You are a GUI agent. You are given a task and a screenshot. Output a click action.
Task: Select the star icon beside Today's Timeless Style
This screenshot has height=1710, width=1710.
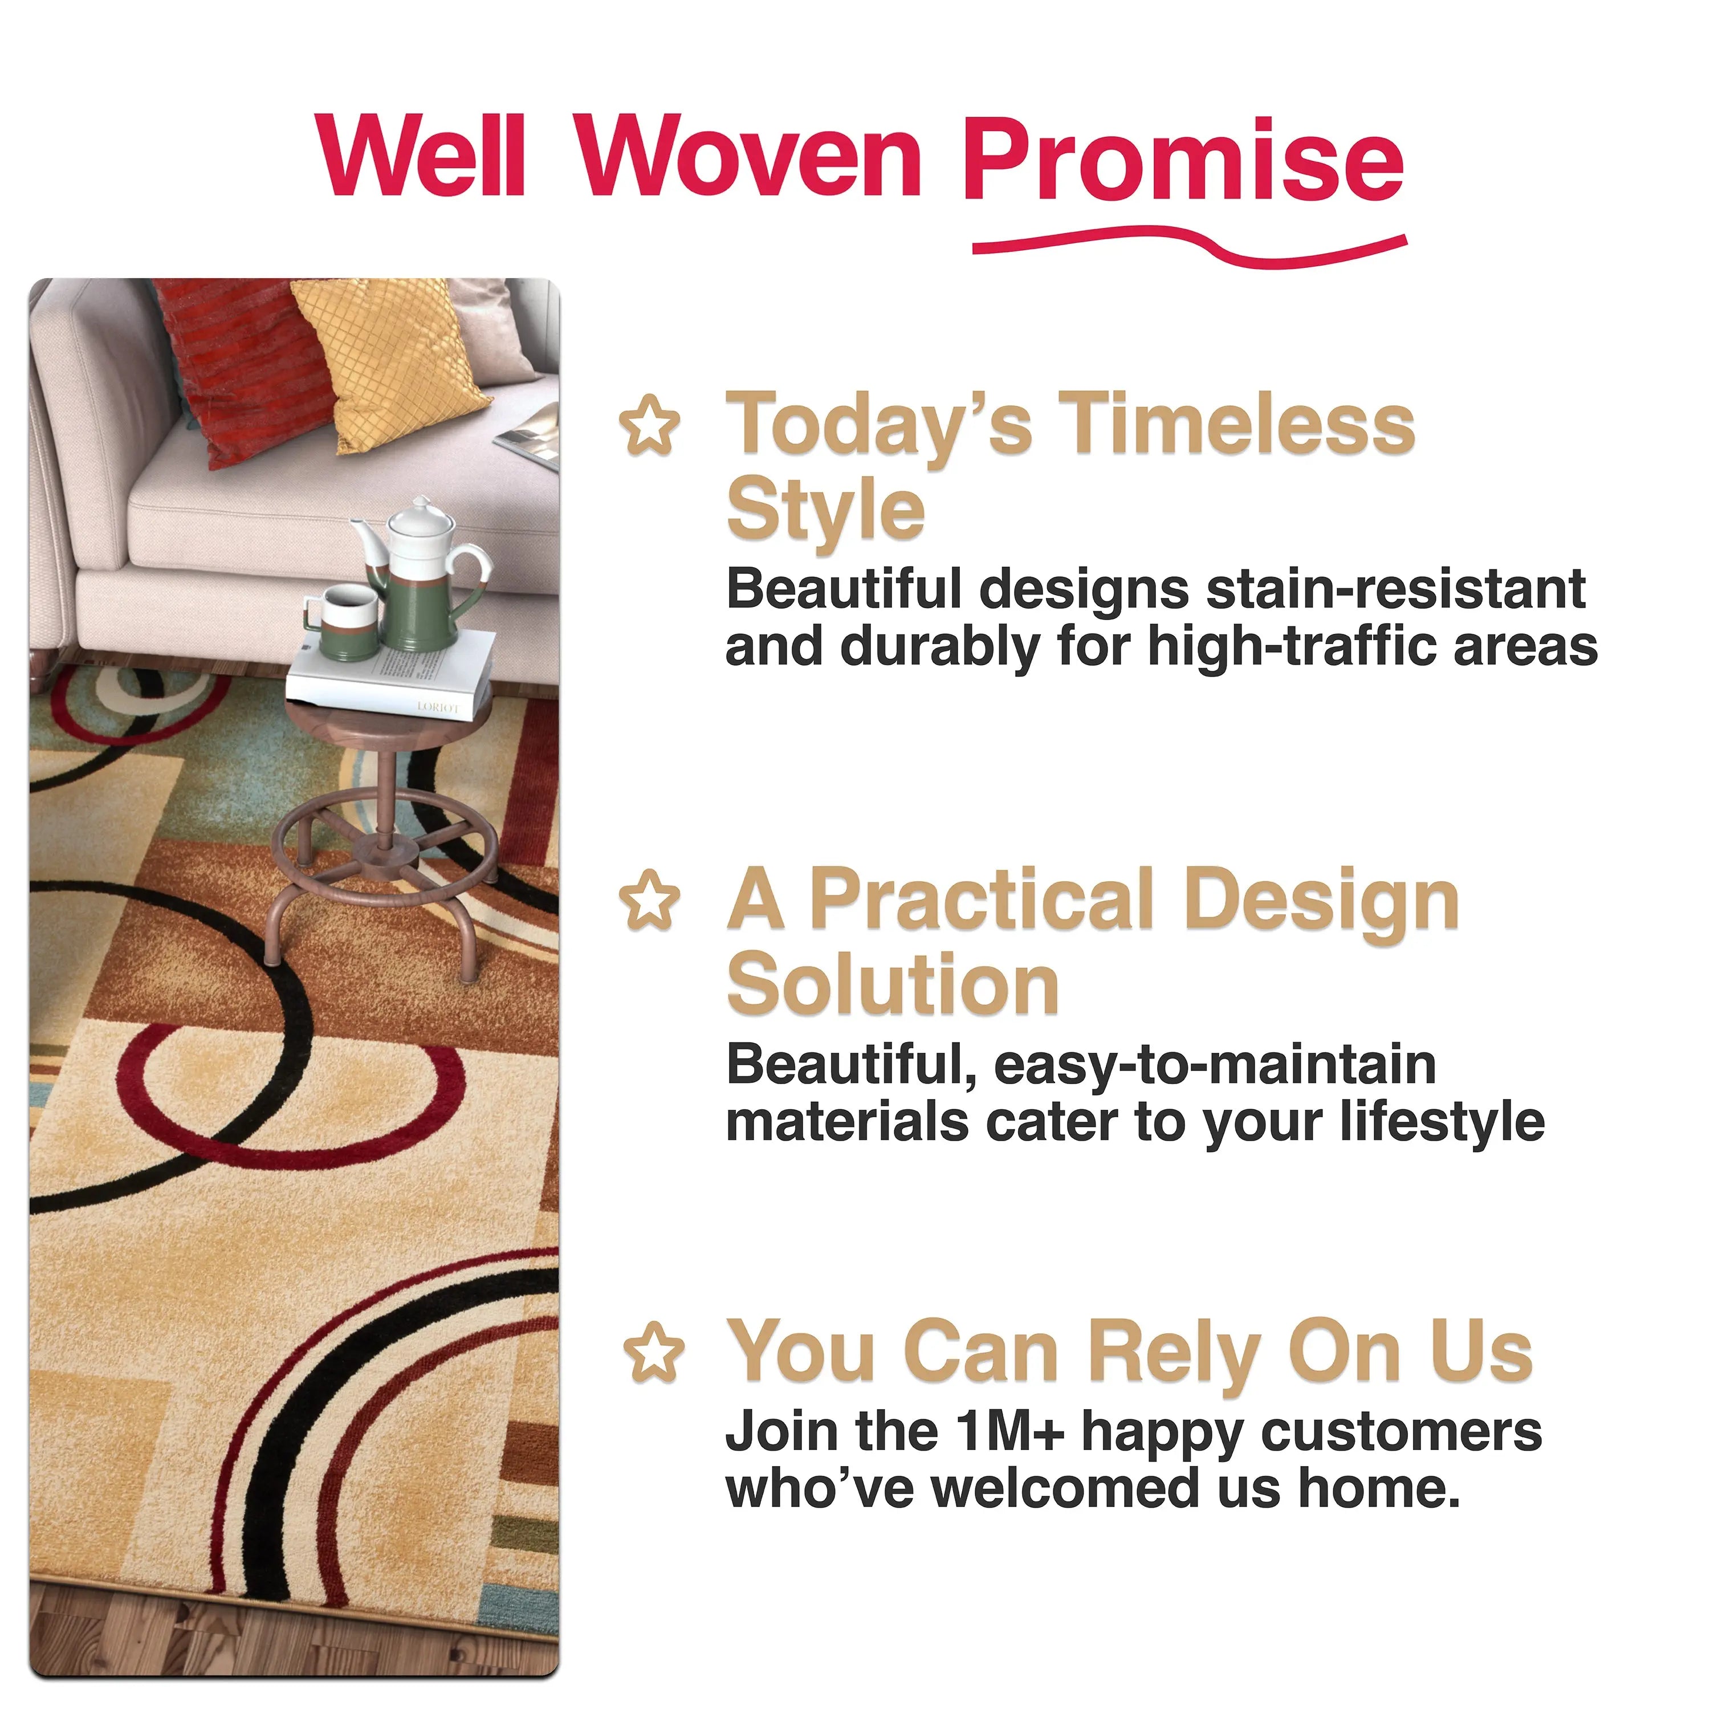coord(650,426)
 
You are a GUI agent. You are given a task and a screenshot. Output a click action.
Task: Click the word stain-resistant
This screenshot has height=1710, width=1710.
coord(1396,589)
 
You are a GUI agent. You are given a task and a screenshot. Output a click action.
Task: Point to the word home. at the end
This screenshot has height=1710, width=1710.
coord(1378,1489)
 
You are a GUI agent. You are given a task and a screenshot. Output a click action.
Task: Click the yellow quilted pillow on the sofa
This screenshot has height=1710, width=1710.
coord(391,352)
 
